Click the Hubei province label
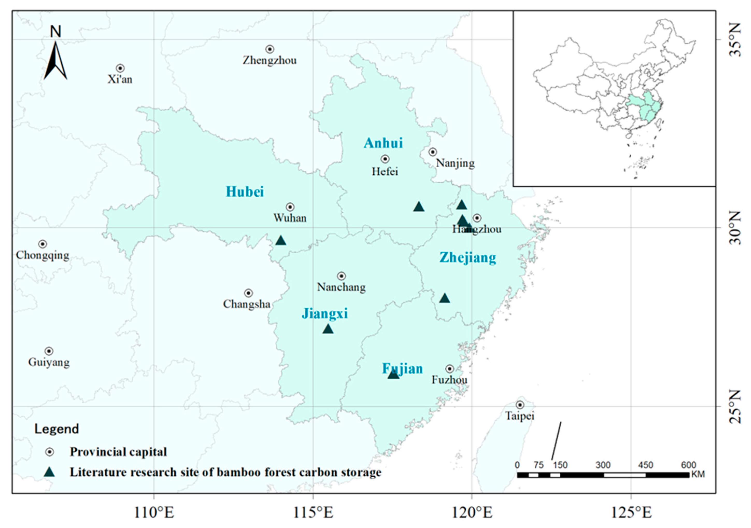pos(245,192)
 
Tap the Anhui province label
pos(383,143)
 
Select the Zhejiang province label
pos(467,258)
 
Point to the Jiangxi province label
pos(324,313)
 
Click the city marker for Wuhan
pos(290,207)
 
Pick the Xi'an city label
pos(120,79)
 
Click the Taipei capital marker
pos(520,405)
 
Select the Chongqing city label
pos(42,255)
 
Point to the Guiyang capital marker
pos(49,351)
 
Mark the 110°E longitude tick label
pos(154,513)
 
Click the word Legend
pos(57,429)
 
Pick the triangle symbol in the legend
pos(49,472)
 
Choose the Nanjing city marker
pos(433,152)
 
